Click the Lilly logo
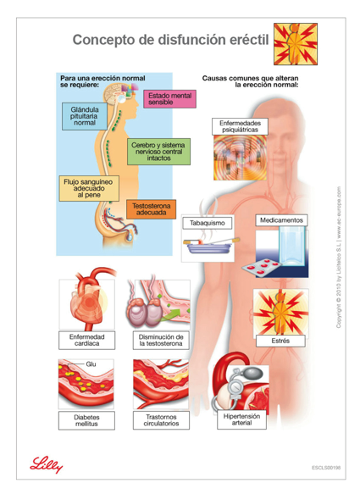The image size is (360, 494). pyautogui.click(x=46, y=464)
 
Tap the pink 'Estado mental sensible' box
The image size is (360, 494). pyautogui.click(x=169, y=99)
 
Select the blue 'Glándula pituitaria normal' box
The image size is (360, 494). pyautogui.click(x=85, y=116)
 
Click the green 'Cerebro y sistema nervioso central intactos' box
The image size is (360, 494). pyautogui.click(x=158, y=152)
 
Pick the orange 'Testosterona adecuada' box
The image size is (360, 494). pyautogui.click(x=151, y=209)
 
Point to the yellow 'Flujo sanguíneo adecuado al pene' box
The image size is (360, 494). pyautogui.click(x=89, y=188)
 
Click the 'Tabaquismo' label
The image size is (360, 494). pyautogui.click(x=208, y=223)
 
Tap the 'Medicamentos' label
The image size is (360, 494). pyautogui.click(x=281, y=220)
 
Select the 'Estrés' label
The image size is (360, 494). pyautogui.click(x=280, y=341)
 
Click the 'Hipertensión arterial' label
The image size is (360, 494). pyautogui.click(x=241, y=419)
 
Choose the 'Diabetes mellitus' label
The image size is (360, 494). pyautogui.click(x=86, y=420)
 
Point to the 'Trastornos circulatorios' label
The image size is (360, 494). pyautogui.click(x=161, y=420)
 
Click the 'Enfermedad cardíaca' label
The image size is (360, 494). pyautogui.click(x=87, y=341)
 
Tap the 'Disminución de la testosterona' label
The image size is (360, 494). pyautogui.click(x=161, y=341)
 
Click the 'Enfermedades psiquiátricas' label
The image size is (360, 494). pyautogui.click(x=240, y=126)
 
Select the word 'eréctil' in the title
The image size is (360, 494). pyautogui.click(x=251, y=40)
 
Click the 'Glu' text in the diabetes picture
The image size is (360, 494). pyautogui.click(x=91, y=364)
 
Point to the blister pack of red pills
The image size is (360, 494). pyautogui.click(x=261, y=267)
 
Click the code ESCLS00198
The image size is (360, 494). pyautogui.click(x=326, y=468)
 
